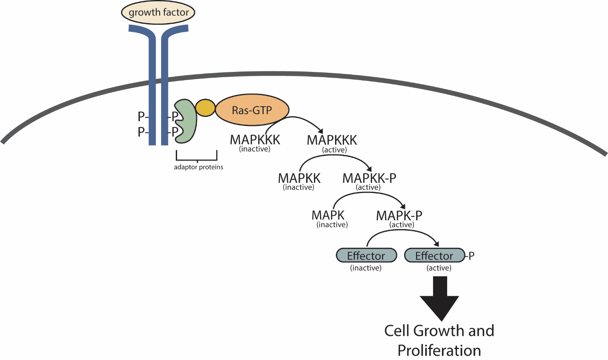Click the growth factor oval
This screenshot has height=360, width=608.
tap(158, 13)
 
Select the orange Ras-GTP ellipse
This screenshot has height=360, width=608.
tap(252, 110)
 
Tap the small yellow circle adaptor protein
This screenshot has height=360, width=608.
tap(205, 108)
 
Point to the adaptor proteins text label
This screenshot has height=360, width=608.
tap(198, 167)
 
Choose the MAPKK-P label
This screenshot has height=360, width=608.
tap(369, 178)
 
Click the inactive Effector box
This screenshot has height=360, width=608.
tap(366, 256)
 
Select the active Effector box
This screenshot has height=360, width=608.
tap(434, 256)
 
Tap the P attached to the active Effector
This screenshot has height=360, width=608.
tap(471, 256)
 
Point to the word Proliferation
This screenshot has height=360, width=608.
tap(439, 350)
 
